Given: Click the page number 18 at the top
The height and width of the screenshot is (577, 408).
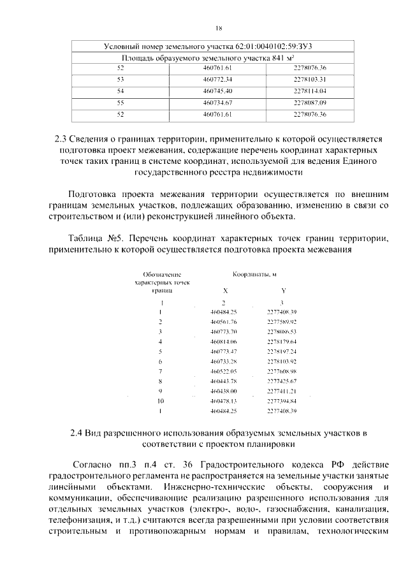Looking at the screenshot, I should coord(219,28).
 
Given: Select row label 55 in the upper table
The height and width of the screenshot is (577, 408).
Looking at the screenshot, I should coord(120,102).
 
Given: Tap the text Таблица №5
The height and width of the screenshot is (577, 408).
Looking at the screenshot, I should coord(96,238).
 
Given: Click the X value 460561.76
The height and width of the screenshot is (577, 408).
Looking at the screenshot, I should coord(223,322).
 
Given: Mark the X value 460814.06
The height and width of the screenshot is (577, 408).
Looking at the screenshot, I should coord(223,342).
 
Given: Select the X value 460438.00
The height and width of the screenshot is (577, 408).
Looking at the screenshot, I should coord(223,391).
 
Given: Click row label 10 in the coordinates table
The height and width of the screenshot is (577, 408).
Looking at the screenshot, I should coord(161,401).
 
